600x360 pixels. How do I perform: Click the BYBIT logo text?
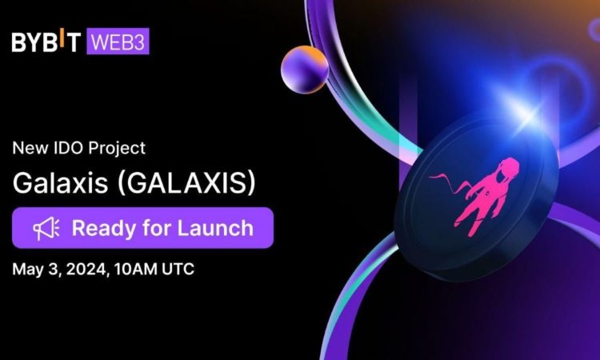click(46, 42)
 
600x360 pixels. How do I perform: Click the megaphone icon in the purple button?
click(44, 228)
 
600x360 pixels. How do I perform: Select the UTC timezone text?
click(177, 269)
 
